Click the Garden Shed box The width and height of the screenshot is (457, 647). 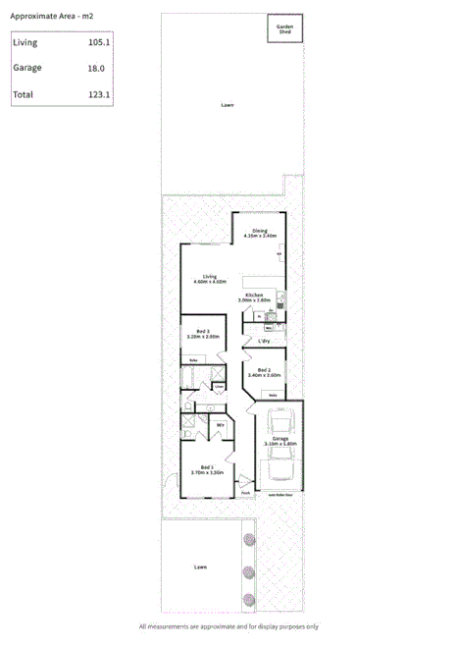click(x=284, y=29)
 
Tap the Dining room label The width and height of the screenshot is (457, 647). click(x=260, y=230)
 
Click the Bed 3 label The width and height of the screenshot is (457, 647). click(x=203, y=331)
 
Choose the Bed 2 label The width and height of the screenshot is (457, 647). click(x=264, y=369)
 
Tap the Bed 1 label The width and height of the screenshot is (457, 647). click(x=207, y=466)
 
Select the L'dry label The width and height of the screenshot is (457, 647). click(x=264, y=341)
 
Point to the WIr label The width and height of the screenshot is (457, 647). click(x=221, y=424)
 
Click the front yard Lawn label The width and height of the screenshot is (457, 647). click(x=201, y=566)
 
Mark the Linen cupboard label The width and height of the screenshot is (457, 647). click(x=220, y=388)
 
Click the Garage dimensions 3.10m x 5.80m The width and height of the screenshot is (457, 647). click(x=280, y=444)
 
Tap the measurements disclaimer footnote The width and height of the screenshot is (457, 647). click(x=228, y=626)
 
